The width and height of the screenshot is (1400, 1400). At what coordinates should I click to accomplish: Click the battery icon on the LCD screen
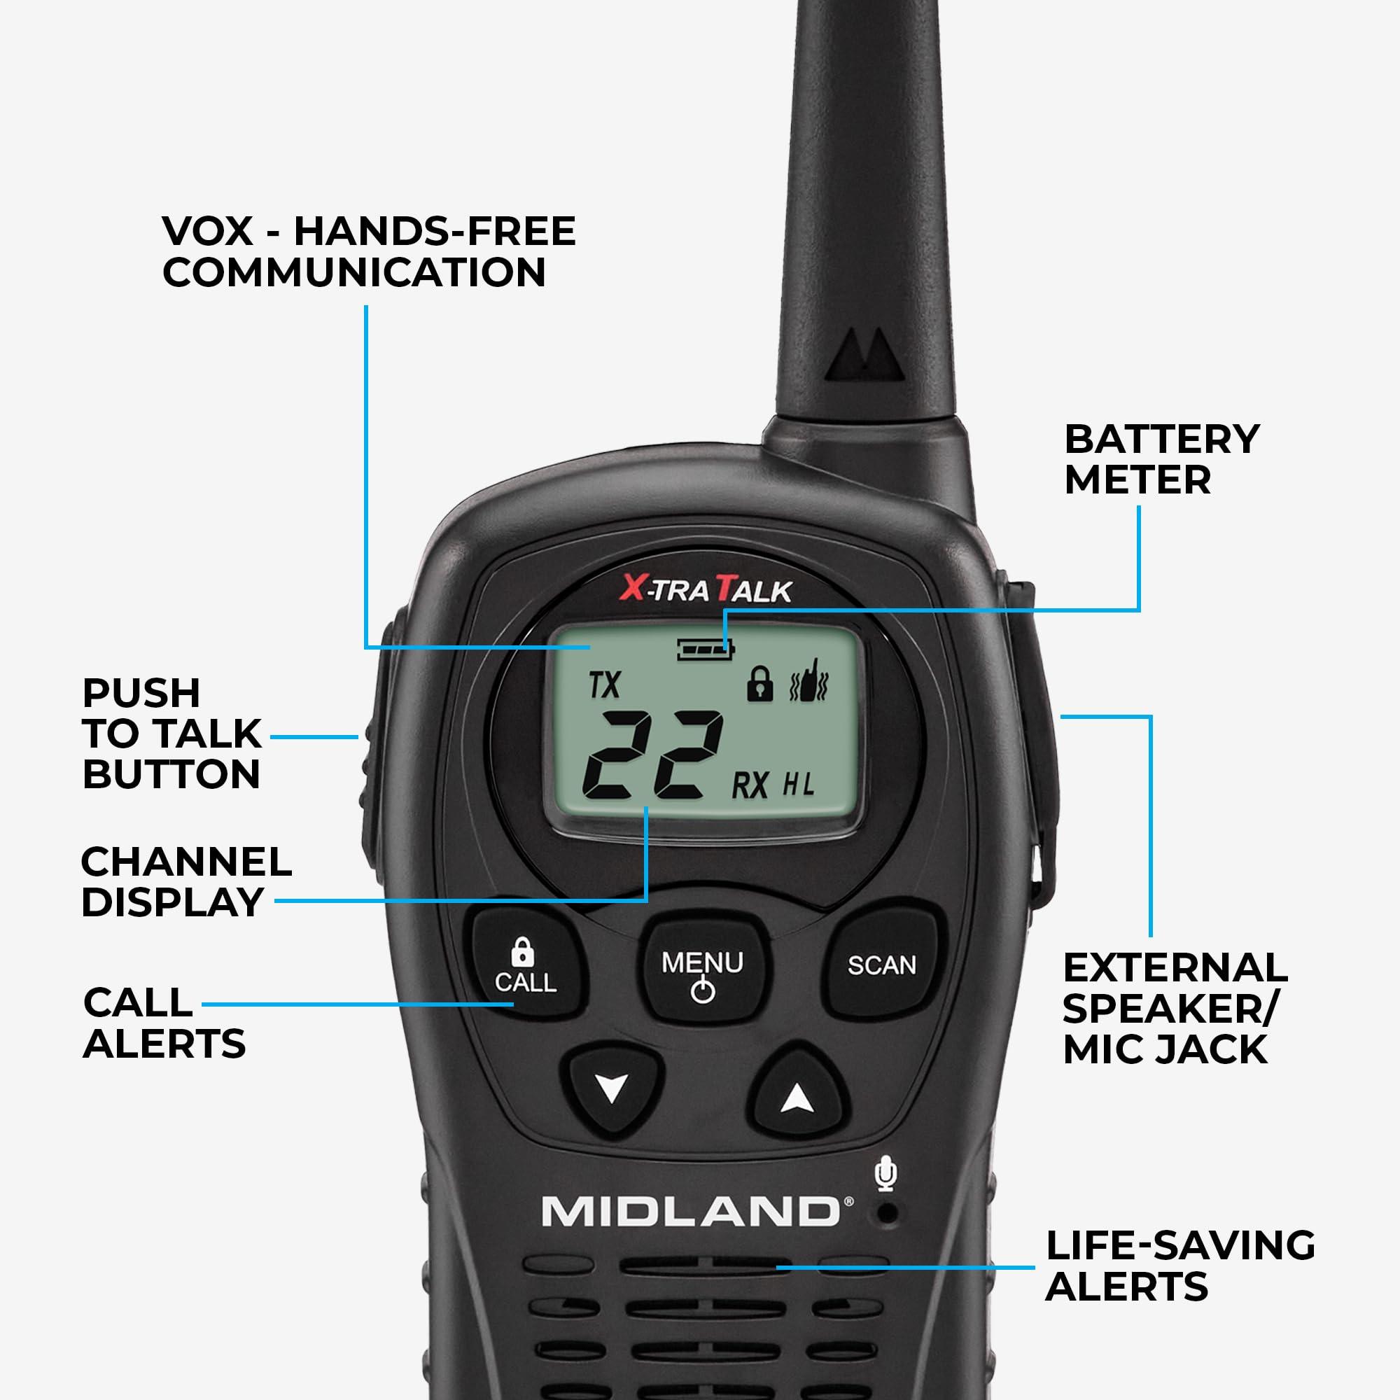click(705, 650)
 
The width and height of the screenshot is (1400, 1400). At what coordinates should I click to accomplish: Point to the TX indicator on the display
click(604, 685)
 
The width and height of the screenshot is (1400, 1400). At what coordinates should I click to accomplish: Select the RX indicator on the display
click(749, 785)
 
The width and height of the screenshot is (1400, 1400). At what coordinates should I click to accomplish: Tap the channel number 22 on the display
click(652, 757)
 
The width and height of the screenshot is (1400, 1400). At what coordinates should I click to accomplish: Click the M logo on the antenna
click(867, 356)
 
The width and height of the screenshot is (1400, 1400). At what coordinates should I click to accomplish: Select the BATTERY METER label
click(1161, 459)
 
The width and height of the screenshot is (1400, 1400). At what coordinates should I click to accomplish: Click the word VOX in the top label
click(208, 231)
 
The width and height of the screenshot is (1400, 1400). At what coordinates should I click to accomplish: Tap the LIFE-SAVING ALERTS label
click(1179, 1266)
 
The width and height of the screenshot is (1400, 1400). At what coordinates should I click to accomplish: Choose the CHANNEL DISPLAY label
click(186, 882)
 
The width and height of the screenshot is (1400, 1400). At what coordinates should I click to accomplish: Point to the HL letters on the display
click(798, 785)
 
